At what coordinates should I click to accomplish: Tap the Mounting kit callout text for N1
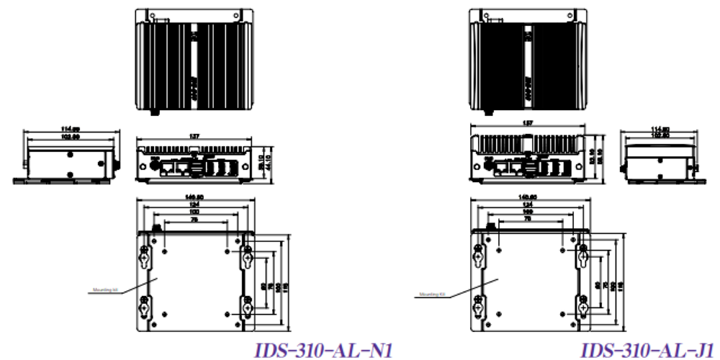click(106, 291)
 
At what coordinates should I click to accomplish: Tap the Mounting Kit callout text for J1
click(432, 294)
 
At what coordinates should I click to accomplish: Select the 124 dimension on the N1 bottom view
click(195, 204)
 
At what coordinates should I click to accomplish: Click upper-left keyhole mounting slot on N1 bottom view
click(144, 256)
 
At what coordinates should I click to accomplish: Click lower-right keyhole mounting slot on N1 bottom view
click(247, 307)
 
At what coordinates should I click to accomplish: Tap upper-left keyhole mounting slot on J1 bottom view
click(479, 256)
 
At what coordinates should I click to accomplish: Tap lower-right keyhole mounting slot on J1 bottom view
click(582, 307)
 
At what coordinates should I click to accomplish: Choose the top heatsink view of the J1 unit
click(529, 59)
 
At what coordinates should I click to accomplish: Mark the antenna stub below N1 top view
click(153, 112)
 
